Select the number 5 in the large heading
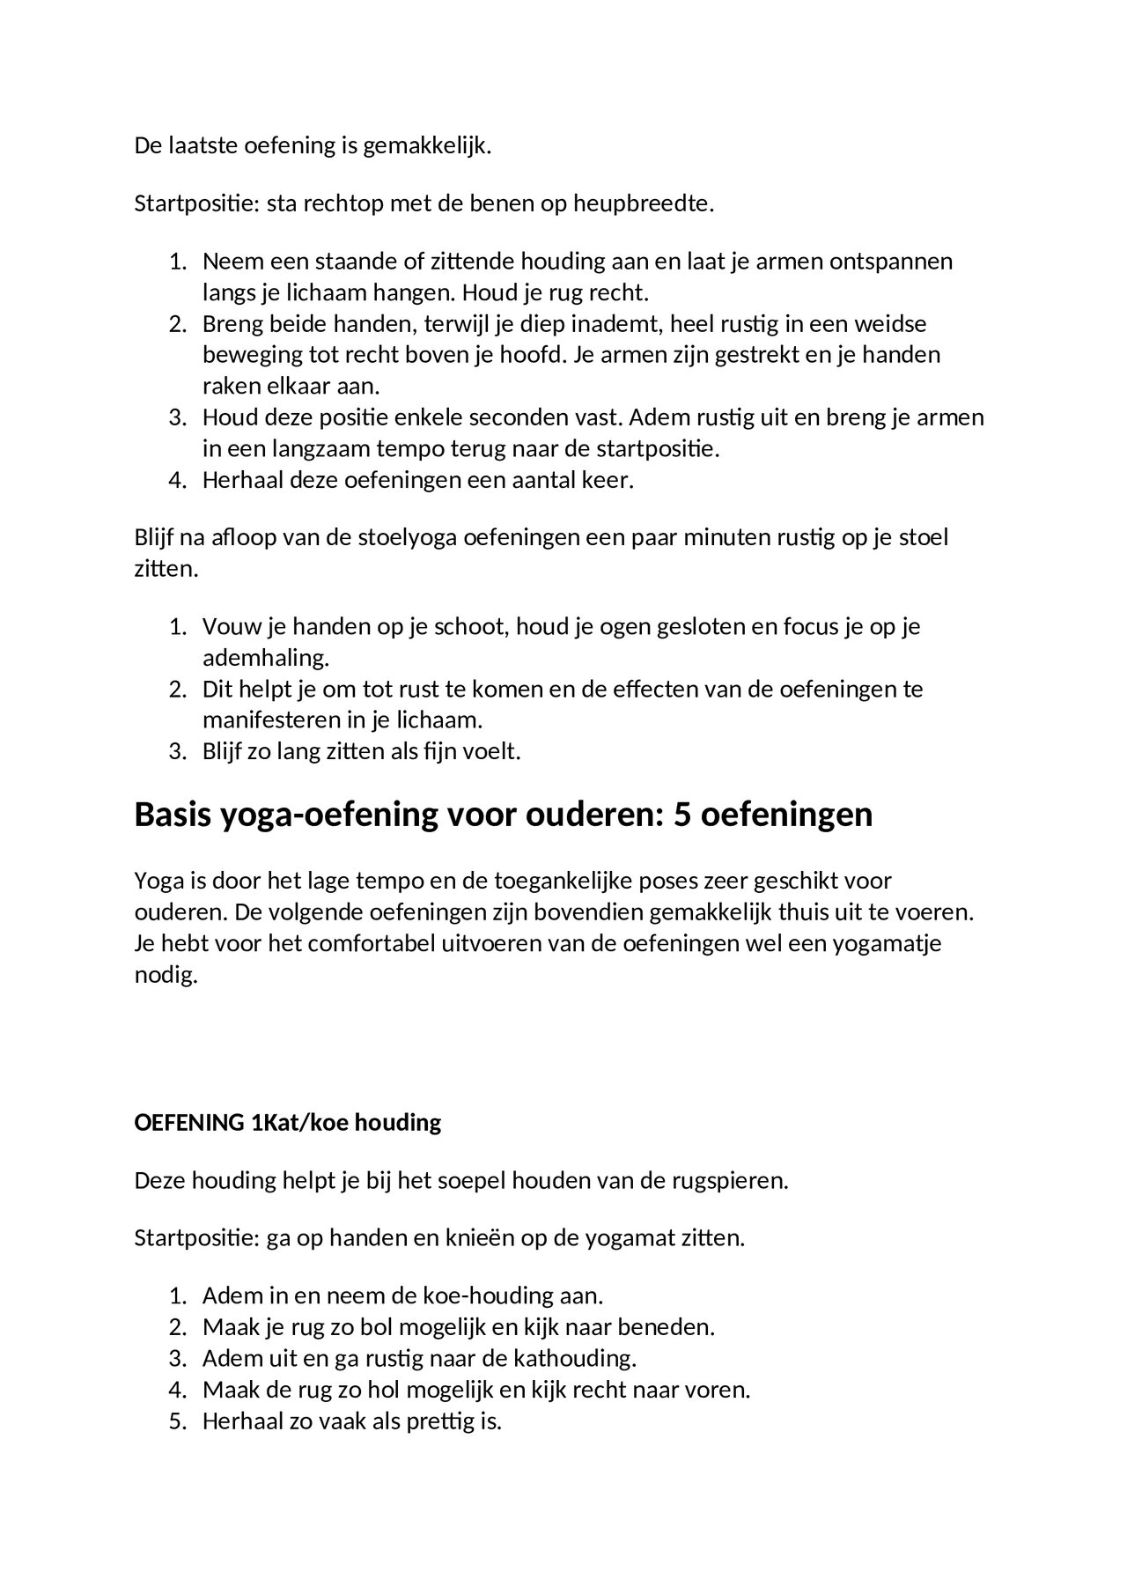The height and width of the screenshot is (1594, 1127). click(682, 815)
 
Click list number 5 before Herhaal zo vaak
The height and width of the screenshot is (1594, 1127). click(176, 1421)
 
